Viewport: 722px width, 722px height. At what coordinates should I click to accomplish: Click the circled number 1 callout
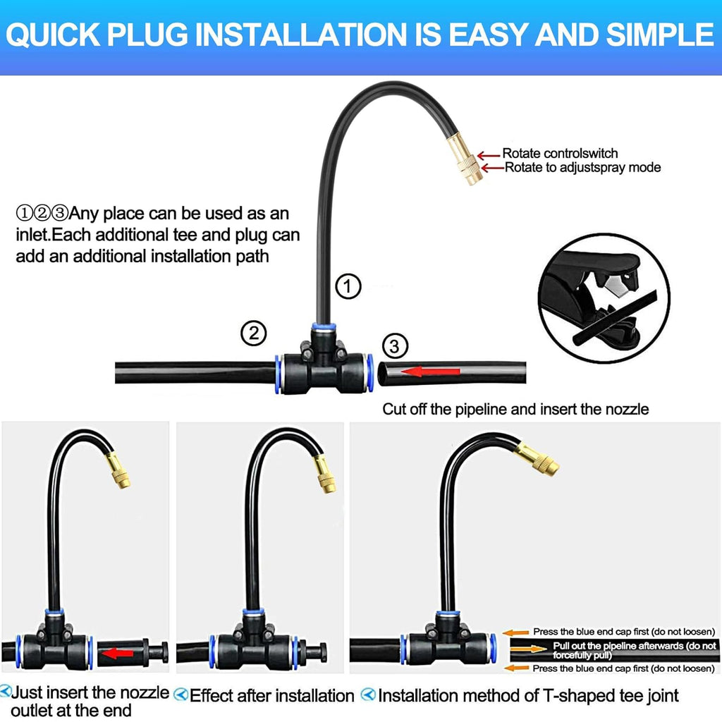[x=348, y=286]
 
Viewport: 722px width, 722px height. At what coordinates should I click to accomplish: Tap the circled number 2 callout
[x=254, y=333]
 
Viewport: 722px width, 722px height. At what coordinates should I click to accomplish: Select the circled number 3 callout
[x=395, y=345]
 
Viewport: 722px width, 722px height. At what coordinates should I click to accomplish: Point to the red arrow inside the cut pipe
[x=432, y=372]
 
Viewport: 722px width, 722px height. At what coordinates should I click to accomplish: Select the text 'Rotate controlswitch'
[x=560, y=153]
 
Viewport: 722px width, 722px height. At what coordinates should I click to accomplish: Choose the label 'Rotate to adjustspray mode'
[x=582, y=167]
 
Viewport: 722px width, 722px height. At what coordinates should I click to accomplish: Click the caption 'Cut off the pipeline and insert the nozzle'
[x=515, y=408]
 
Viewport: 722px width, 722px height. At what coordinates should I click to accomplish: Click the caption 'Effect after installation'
[x=272, y=696]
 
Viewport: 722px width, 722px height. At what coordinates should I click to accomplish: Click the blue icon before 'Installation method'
[x=368, y=695]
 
